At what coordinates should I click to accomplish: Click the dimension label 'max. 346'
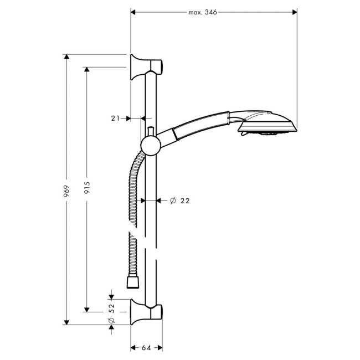(203, 12)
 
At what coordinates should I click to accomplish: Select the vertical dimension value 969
(66, 191)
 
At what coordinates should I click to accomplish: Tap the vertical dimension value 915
(86, 188)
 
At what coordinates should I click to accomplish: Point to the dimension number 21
(115, 118)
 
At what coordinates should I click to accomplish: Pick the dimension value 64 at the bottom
(146, 348)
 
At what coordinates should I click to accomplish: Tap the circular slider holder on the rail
(151, 146)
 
